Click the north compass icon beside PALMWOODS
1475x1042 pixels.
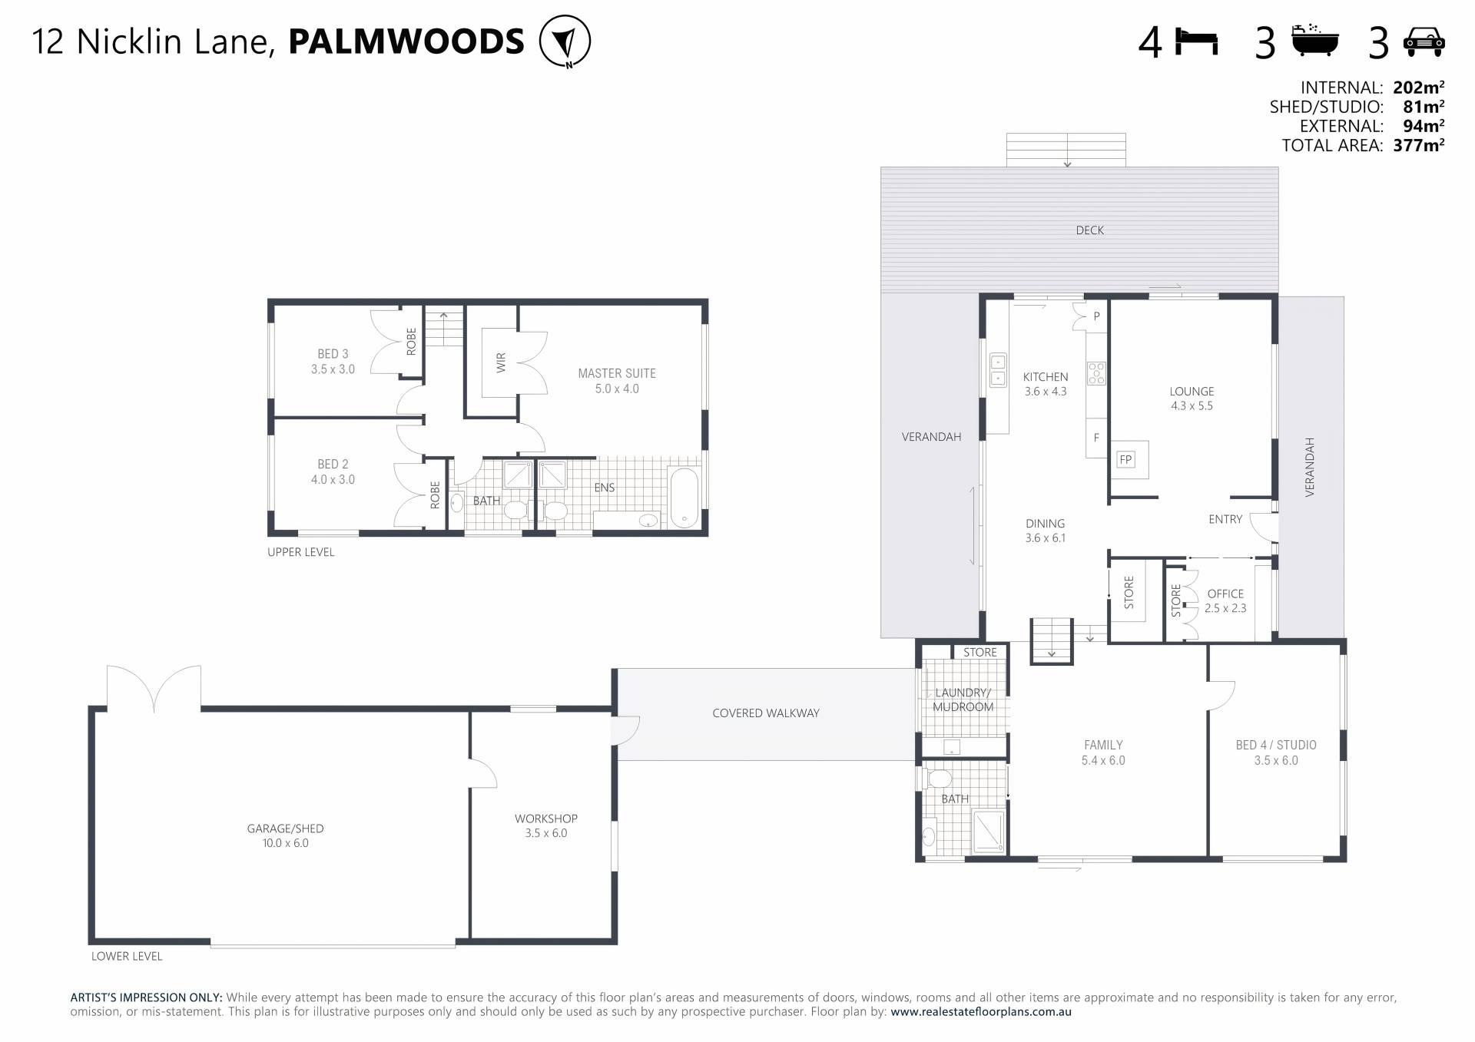coord(565,41)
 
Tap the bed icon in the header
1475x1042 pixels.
coord(1197,41)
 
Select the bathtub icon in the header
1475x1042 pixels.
coord(1315,41)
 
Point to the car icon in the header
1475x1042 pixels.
coord(1424,42)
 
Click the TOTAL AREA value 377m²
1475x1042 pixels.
coord(1418,145)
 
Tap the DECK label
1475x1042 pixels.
coord(1089,230)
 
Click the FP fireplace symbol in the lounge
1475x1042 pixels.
coord(1126,460)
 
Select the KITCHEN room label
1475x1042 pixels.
coord(1046,377)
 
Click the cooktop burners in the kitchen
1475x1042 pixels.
coord(1096,373)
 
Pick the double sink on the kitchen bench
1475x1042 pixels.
coord(998,370)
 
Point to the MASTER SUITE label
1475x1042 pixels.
coord(617,374)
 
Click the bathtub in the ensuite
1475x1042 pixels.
coord(684,498)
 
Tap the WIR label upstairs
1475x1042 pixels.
coord(502,362)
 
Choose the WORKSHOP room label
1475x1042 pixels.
coord(546,819)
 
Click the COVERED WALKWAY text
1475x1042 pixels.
coord(766,713)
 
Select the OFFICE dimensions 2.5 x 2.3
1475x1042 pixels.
coord(1225,608)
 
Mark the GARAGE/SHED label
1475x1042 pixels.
coord(285,829)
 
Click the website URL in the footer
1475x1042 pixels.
coord(981,1012)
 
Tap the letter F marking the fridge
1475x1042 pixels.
coord(1096,438)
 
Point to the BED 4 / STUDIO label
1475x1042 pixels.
coord(1276,745)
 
